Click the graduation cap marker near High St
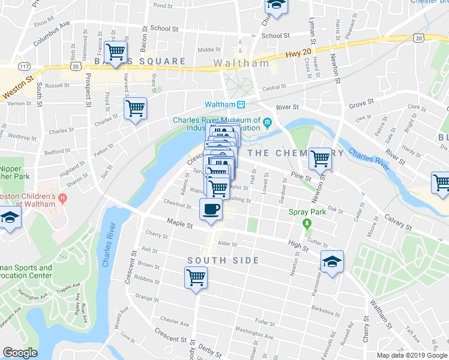(332, 262)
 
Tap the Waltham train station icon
(241, 104)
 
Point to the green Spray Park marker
(307, 224)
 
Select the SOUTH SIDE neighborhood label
(223, 260)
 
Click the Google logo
(20, 353)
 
